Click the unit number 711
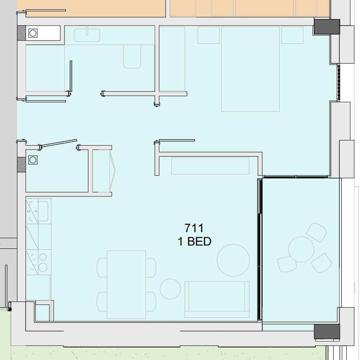[194, 228]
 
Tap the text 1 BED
[195, 241]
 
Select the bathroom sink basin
[87, 35]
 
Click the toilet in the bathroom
[132, 56]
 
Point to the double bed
[250, 69]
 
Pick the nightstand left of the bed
[208, 35]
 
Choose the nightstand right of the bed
[292, 35]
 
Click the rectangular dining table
[126, 285]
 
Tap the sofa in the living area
[217, 299]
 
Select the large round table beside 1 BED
[233, 260]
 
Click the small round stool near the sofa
[170, 289]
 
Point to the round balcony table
[301, 250]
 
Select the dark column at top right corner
[327, 27]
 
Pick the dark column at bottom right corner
[327, 332]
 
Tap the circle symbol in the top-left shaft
[33, 33]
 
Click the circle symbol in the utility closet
[33, 160]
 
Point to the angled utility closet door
[58, 144]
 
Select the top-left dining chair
[102, 267]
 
